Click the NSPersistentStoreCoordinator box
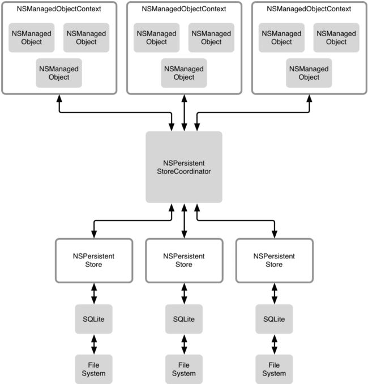click(184, 167)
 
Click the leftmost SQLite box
click(93, 319)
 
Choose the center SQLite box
click(184, 319)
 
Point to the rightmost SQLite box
click(274, 319)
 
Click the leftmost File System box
click(93, 369)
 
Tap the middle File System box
click(184, 369)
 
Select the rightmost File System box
click(274, 369)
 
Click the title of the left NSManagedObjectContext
click(59, 9)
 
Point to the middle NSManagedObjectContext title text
click(184, 9)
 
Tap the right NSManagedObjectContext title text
click(309, 9)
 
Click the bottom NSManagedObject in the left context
click(59, 73)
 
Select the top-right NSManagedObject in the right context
click(336, 38)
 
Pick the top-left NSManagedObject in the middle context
click(156, 38)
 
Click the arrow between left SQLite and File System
click(94, 344)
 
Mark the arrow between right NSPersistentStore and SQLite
click(275, 294)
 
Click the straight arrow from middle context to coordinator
click(184, 113)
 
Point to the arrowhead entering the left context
click(59, 98)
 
